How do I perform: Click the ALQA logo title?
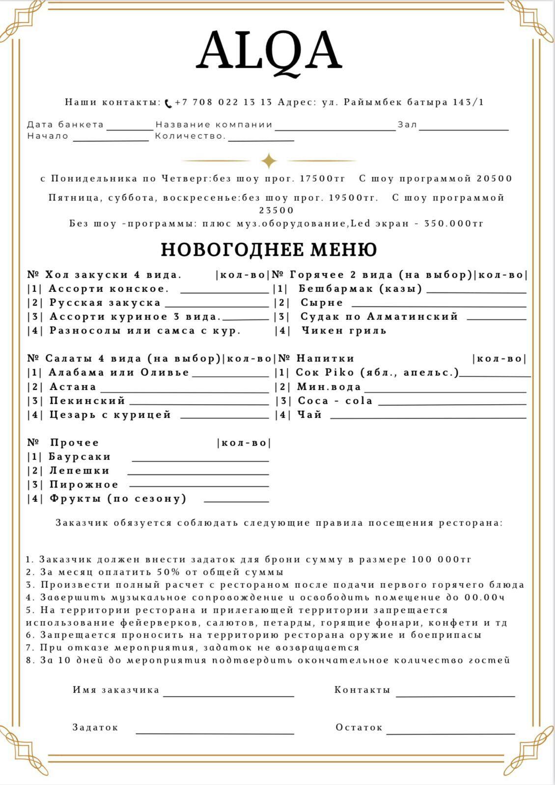tap(269, 52)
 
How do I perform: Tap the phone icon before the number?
tap(168, 103)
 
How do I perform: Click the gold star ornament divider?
tap(269, 160)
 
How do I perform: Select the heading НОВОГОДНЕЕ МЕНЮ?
tap(269, 250)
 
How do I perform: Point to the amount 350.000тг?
tap(454, 224)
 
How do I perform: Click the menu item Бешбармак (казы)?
tap(361, 288)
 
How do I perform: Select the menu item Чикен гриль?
tap(344, 331)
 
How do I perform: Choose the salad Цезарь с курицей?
tap(110, 415)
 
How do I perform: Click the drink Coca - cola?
tap(335, 401)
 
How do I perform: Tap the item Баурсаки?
tap(80, 457)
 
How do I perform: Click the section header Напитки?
tap(325, 359)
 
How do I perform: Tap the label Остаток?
tap(359, 728)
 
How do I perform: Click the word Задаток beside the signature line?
tap(95, 728)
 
